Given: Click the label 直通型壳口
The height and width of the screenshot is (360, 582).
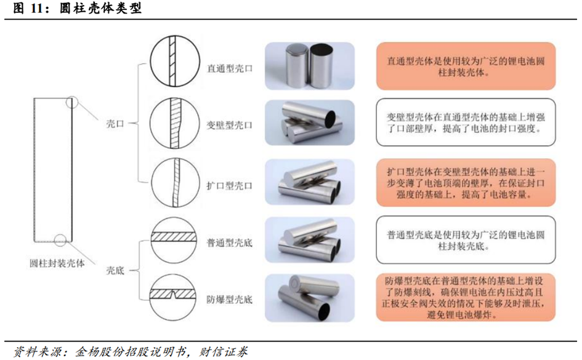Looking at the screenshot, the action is (x=230, y=68).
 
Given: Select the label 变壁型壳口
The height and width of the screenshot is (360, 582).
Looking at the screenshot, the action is (x=229, y=126).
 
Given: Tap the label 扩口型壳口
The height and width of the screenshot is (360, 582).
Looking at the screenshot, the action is (x=229, y=186).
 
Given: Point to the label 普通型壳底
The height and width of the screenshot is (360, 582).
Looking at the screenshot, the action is (x=229, y=243).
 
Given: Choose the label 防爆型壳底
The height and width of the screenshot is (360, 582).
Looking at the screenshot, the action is (x=229, y=300).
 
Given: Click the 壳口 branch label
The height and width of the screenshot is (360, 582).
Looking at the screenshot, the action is (x=115, y=124).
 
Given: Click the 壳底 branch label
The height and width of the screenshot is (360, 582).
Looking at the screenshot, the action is (x=115, y=271).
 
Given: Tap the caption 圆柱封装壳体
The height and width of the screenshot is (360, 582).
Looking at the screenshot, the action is (x=57, y=263).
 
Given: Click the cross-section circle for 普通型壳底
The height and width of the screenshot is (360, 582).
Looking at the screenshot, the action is (x=173, y=240).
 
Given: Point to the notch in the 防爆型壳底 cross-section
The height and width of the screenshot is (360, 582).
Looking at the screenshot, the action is (x=173, y=295).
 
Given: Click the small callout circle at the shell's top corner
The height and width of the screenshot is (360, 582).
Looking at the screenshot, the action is (x=72, y=102).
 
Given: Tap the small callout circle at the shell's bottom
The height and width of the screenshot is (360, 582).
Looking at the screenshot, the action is (x=60, y=240).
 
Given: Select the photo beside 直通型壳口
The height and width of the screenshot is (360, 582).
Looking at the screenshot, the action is (x=310, y=66).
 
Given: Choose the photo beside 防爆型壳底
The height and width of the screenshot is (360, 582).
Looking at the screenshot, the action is (x=310, y=298).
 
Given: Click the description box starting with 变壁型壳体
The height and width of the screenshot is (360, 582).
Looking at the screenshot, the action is (x=466, y=122).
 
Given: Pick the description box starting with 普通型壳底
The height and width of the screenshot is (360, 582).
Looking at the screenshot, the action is (x=466, y=240).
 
